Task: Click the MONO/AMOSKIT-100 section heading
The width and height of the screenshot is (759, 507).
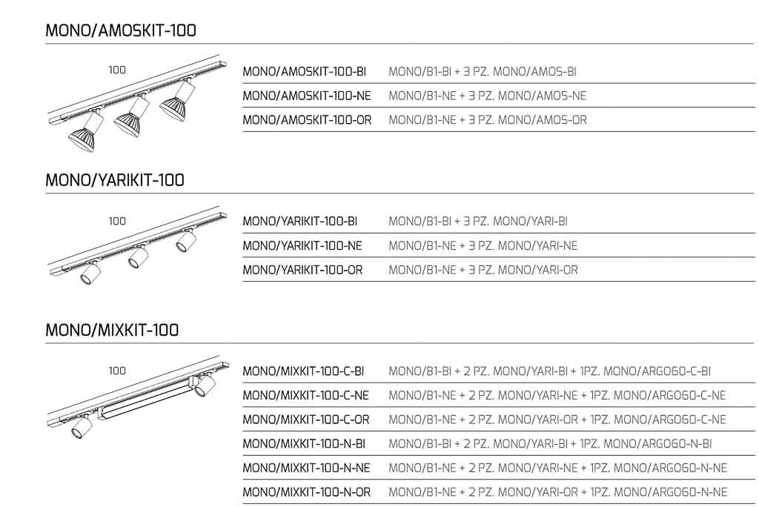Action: click(x=121, y=30)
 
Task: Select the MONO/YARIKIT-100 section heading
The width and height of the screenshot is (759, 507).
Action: click(x=115, y=180)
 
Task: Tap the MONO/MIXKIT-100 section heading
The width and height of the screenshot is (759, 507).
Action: click(x=112, y=330)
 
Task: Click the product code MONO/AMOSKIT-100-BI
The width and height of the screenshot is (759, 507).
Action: click(x=305, y=72)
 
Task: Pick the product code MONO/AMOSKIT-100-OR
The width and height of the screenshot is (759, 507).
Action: click(x=307, y=120)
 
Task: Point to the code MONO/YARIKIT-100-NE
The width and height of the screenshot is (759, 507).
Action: click(x=302, y=245)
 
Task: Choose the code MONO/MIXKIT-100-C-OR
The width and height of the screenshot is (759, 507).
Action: click(x=306, y=420)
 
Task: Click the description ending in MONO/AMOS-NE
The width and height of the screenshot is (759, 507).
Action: click(x=487, y=96)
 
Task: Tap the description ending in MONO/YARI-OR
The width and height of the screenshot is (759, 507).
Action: click(x=483, y=270)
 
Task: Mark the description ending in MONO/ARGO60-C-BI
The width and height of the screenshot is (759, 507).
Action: click(x=549, y=371)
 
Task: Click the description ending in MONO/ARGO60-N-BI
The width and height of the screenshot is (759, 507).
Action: click(x=550, y=444)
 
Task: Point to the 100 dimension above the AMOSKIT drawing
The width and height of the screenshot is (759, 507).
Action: click(x=117, y=70)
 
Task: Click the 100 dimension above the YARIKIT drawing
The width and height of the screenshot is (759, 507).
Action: click(x=117, y=221)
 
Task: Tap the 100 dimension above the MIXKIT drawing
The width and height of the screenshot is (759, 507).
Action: click(x=117, y=371)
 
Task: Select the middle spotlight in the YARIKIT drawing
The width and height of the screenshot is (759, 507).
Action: click(x=138, y=257)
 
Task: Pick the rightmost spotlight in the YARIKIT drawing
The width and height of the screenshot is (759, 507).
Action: click(x=185, y=240)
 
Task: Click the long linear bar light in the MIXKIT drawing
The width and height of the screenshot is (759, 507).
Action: click(x=146, y=400)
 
